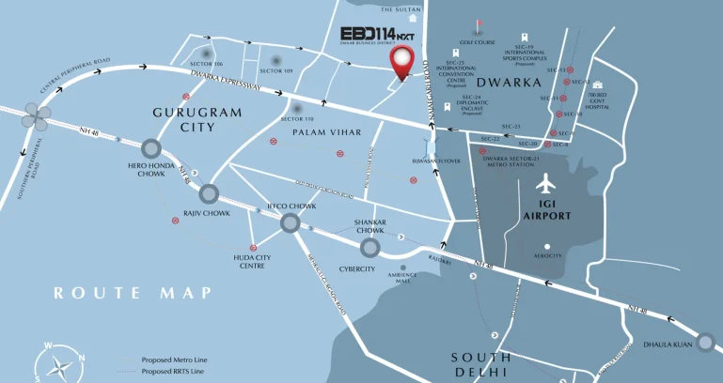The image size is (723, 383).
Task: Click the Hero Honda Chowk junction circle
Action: click(x=151, y=147)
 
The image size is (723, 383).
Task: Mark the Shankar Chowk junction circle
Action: click(x=370, y=247)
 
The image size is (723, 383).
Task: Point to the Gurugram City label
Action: click(x=197, y=119)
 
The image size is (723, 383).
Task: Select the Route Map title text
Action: click(x=132, y=293)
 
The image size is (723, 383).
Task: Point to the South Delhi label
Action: click(x=480, y=364)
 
